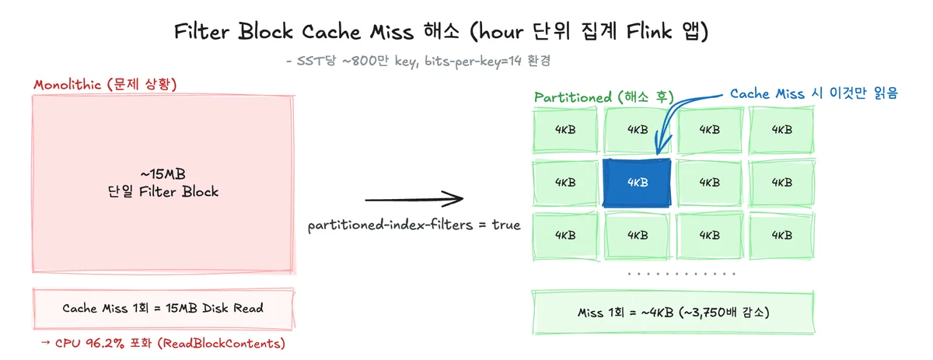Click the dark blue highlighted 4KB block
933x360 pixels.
tap(637, 183)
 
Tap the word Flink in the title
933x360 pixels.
tap(649, 31)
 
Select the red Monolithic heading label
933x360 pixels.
tap(106, 84)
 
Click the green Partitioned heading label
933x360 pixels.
tap(604, 97)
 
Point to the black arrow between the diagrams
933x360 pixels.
tap(414, 199)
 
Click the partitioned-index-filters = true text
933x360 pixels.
tap(414, 225)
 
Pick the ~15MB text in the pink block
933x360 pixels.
tap(162, 173)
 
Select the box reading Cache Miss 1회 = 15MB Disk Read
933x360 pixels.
tap(164, 309)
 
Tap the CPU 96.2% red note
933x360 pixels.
tap(162, 344)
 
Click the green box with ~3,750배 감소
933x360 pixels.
tap(673, 313)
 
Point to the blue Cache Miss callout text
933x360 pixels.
tap(814, 93)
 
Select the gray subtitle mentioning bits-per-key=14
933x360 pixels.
tap(418, 61)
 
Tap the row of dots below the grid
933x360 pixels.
tap(681, 274)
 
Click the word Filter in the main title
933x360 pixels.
tap(201, 31)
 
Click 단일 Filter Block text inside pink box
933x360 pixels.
tap(162, 192)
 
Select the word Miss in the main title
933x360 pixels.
tap(392, 32)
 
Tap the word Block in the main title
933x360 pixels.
tap(265, 31)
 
